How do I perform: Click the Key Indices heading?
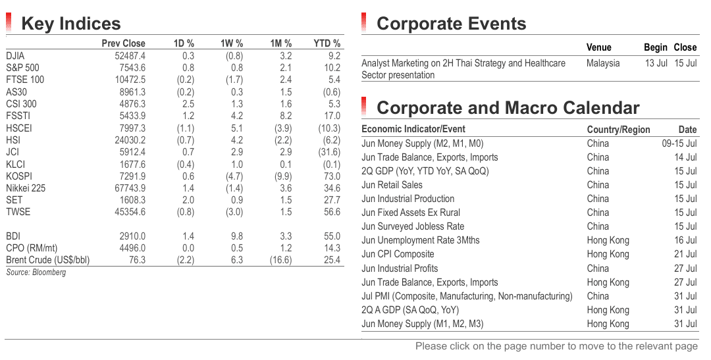point(70,24)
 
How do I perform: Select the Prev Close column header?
point(123,43)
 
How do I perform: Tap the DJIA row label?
point(15,56)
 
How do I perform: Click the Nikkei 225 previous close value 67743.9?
point(130,188)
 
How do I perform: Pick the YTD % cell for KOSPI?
point(332,176)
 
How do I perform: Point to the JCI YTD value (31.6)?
point(329,152)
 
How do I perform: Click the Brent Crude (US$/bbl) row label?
point(47,260)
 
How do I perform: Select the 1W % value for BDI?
point(237,236)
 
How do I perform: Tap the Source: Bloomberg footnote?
point(36,272)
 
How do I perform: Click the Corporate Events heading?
point(451,24)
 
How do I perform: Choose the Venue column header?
point(598,47)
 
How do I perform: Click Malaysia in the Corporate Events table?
point(603,63)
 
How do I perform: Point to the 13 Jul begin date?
point(656,63)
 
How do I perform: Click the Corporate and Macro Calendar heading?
point(508,108)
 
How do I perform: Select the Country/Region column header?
point(618,130)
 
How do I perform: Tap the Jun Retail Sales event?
point(392,185)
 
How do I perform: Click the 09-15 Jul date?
point(679,143)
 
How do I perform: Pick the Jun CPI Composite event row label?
point(398,254)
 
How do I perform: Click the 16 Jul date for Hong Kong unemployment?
point(685,240)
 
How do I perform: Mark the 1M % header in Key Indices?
point(280,43)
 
